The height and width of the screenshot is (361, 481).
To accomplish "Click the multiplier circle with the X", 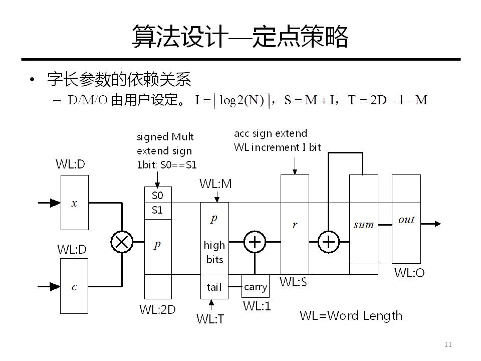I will [x=121, y=243].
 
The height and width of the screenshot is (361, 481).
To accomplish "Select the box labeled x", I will [x=75, y=203].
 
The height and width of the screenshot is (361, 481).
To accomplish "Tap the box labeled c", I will [x=75, y=286].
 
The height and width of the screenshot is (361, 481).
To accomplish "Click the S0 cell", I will [x=158, y=195].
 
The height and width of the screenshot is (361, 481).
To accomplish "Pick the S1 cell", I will [x=158, y=211].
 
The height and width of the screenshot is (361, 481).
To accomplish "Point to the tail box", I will [x=214, y=287].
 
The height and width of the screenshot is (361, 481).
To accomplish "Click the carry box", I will [x=256, y=287].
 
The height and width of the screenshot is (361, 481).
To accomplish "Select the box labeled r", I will [x=295, y=224].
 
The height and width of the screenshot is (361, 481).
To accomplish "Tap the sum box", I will [x=363, y=224].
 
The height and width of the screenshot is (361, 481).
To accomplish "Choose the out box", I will [x=406, y=219].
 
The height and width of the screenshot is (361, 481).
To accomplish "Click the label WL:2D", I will [x=157, y=310].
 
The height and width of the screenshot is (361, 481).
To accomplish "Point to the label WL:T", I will [x=210, y=318].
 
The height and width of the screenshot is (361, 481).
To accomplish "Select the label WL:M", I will [x=216, y=184].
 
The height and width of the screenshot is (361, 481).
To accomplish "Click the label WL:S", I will [x=294, y=282].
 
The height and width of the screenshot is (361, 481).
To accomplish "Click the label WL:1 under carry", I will [x=257, y=305].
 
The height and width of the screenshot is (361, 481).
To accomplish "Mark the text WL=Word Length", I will [x=351, y=316].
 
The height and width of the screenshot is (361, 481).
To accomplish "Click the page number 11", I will [x=448, y=344].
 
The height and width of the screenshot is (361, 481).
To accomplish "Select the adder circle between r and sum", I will [x=328, y=243].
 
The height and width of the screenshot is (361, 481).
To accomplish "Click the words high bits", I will [x=214, y=252].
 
